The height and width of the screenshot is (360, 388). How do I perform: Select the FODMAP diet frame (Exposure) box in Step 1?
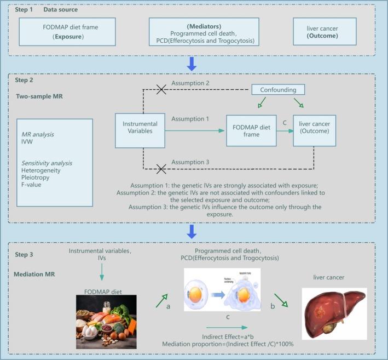tap(62, 31)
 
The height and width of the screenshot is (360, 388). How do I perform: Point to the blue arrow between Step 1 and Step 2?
tap(192, 65)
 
